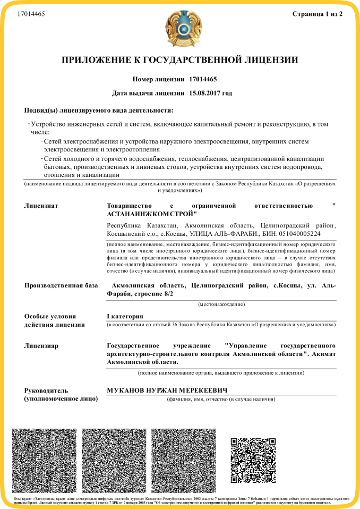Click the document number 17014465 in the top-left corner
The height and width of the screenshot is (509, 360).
pyautogui.click(x=31, y=13)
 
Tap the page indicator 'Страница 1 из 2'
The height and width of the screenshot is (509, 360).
pyautogui.click(x=318, y=13)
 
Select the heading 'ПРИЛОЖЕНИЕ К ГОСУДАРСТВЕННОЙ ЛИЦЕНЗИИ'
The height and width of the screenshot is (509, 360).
pyautogui.click(x=180, y=60)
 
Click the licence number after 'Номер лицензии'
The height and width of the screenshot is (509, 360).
pyautogui.click(x=203, y=79)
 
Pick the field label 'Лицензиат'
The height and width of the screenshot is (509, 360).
pyautogui.click(x=41, y=205)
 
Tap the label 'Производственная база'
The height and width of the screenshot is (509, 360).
pyautogui.click(x=61, y=286)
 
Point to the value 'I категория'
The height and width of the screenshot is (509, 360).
pyautogui.click(x=125, y=316)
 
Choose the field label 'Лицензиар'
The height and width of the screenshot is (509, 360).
pyautogui.click(x=41, y=346)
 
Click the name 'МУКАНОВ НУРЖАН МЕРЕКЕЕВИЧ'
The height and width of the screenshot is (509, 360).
pyautogui.click(x=167, y=391)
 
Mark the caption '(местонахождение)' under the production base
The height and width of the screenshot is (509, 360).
pyautogui.click(x=221, y=304)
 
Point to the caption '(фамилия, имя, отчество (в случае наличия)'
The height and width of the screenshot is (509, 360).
pyautogui.click(x=221, y=399)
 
